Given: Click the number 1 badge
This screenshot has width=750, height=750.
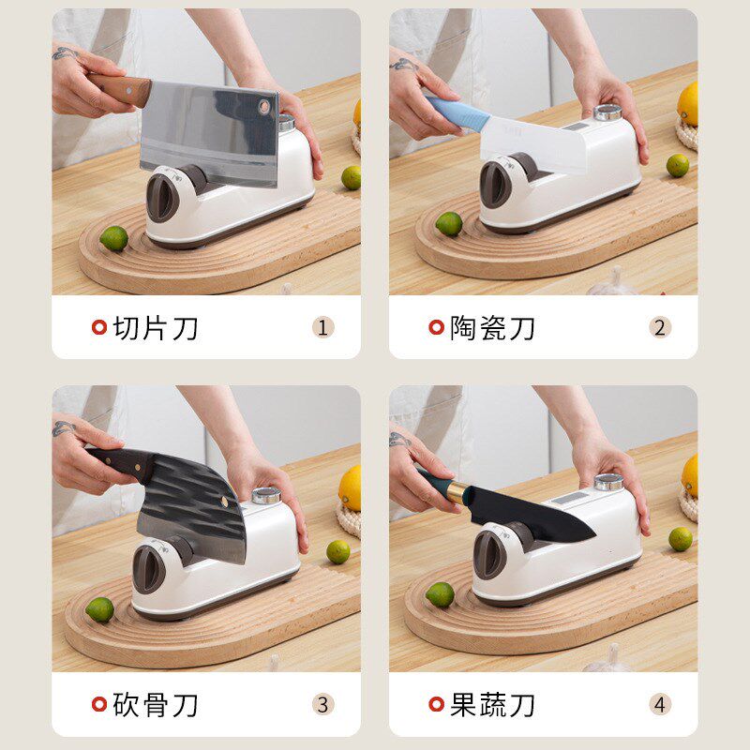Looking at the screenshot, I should coord(323,327).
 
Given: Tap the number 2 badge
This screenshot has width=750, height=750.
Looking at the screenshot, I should coord(660,327).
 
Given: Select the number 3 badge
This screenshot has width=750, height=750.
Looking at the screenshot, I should coord(323,704).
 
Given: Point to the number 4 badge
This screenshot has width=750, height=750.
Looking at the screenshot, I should coord(660,704).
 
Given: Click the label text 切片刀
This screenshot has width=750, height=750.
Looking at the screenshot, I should coord(156,328).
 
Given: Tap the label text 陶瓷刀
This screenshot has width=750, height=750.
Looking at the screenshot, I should coord(493,328).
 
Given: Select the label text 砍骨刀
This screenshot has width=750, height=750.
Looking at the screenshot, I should coord(156,705).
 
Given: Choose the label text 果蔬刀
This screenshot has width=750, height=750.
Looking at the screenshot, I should coord(493,705).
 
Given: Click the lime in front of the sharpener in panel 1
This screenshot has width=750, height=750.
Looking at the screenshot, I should coord(113,238).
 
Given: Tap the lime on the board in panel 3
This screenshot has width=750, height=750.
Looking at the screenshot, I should coord(99,610).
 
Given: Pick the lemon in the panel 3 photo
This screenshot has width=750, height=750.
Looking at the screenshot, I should coord(351,487).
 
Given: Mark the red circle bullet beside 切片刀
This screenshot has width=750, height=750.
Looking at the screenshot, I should coord(98,327).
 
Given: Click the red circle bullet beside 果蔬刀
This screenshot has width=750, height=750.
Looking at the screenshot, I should coord(435,704).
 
